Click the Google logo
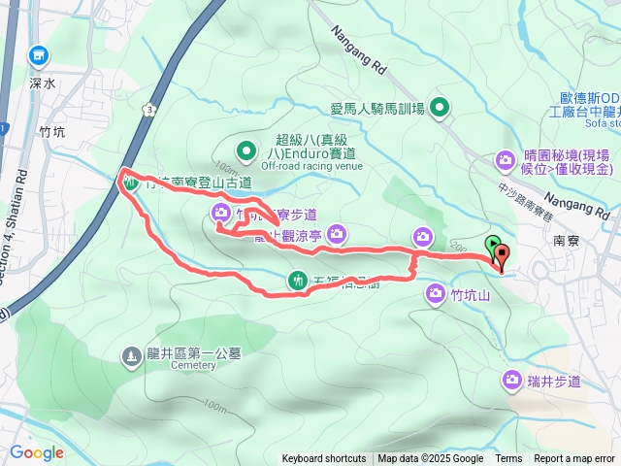37,452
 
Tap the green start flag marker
492,246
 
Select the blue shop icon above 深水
38,56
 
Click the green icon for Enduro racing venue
246,150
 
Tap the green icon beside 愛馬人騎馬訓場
441,107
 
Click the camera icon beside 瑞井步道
512,381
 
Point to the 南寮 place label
567,238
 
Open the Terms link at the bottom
508,459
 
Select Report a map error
574,459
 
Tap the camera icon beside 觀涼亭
337,233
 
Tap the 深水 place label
44,83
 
